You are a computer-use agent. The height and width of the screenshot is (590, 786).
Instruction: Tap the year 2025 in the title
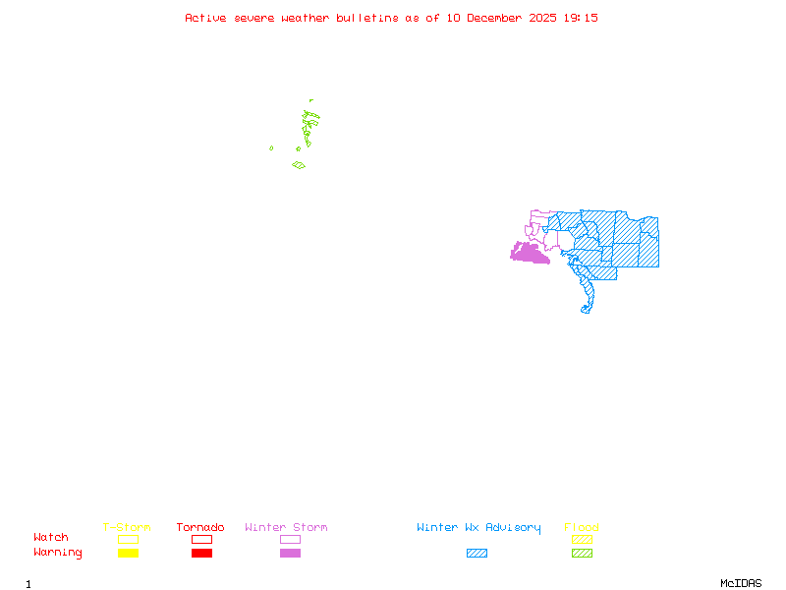coord(543,18)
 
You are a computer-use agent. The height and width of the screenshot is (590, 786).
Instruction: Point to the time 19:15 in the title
coord(583,18)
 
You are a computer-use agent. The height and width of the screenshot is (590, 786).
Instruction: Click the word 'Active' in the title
coord(206,18)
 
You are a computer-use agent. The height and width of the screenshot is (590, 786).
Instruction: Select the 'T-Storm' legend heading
coord(127,528)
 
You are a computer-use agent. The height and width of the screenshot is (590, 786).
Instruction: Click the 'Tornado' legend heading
coord(200,528)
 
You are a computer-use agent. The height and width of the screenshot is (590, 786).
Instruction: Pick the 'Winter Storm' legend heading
coord(286,528)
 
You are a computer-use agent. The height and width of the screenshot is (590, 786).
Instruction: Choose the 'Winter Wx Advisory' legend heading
coord(478,528)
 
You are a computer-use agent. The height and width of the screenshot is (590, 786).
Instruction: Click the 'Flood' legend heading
coord(582,528)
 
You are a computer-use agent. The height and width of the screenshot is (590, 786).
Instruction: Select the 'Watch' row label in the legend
coord(51,538)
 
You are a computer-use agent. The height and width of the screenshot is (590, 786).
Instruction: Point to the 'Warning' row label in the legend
coord(58,553)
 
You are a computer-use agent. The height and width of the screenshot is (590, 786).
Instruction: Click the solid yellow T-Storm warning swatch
coord(128,554)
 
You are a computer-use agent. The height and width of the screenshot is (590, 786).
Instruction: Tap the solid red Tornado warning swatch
coord(201,554)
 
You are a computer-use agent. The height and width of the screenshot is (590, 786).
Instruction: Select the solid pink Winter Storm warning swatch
coord(290,554)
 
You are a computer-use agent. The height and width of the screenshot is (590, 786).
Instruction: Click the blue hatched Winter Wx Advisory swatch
coord(477,554)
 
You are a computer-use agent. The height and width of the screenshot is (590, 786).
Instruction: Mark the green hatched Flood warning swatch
coord(582,554)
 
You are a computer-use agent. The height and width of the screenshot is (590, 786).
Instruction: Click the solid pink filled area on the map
coord(528,254)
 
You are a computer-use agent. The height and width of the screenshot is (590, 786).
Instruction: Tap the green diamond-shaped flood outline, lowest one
coord(299,165)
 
